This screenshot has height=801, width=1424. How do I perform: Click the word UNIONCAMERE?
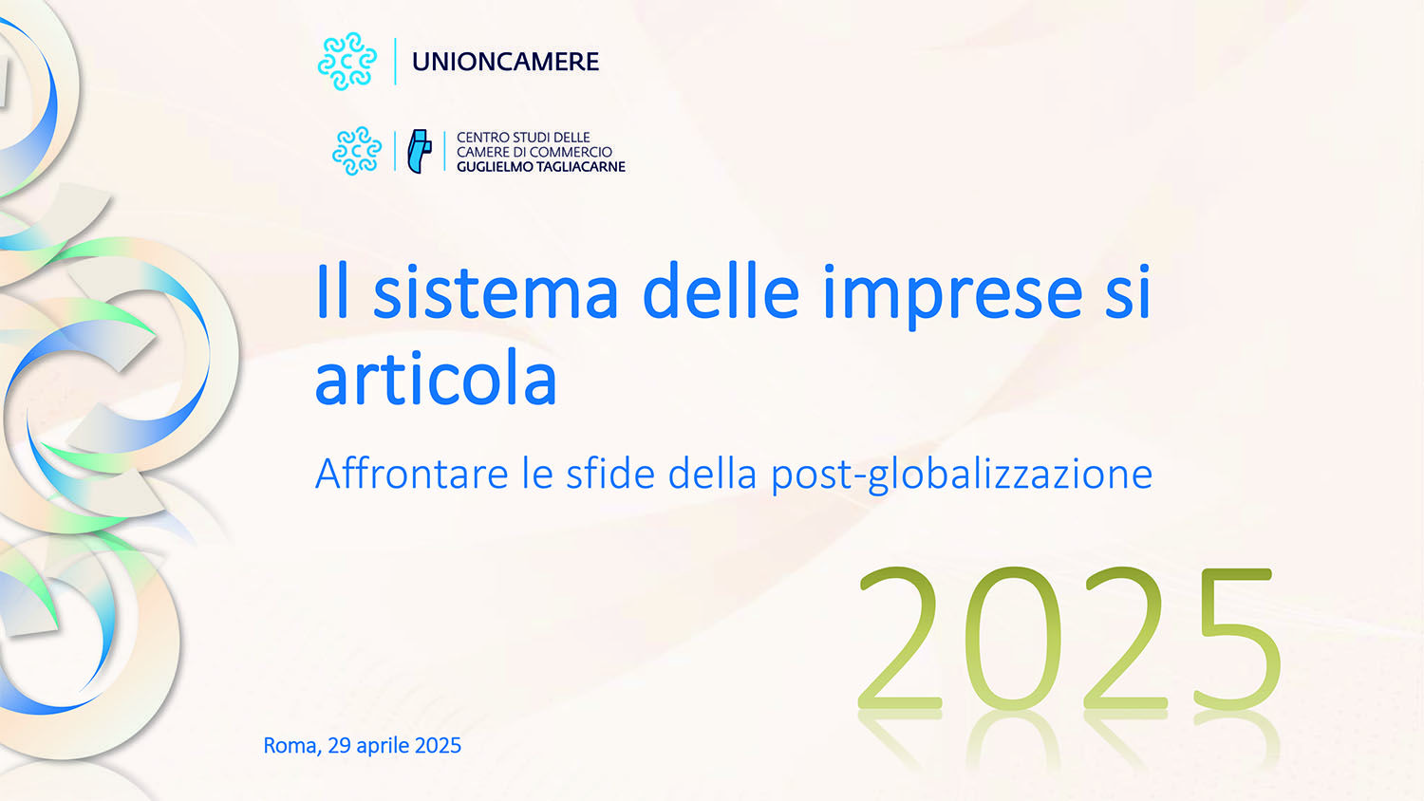505,62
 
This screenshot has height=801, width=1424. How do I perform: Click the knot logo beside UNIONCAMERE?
347,62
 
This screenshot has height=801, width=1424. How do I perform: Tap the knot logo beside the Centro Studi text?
357,151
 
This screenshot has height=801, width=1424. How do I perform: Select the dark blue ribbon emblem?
420,151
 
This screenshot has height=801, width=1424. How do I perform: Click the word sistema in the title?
496,292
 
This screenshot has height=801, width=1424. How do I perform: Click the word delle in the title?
721,291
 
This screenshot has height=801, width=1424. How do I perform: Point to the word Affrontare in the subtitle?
412,474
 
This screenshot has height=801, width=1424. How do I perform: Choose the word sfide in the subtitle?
610,474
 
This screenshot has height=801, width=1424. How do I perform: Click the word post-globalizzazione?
962,475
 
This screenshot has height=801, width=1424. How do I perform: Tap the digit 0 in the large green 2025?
1012,639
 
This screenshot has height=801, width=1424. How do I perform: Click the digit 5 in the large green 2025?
1236,639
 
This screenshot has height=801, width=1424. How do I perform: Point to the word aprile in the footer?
384,746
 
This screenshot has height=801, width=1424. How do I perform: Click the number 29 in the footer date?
339,746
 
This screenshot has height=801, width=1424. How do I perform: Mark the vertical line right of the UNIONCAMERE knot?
396,62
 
